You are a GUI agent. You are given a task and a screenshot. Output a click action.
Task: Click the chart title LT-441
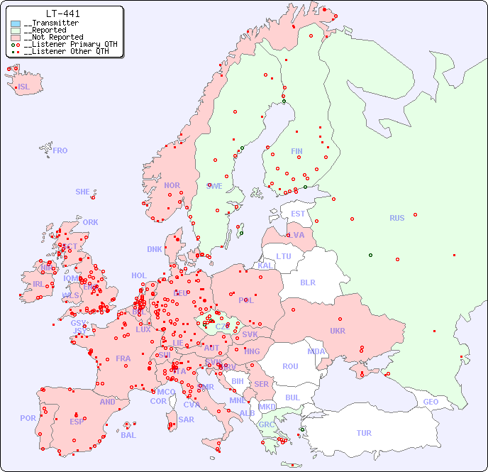62,13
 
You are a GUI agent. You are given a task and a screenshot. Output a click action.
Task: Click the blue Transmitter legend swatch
16,23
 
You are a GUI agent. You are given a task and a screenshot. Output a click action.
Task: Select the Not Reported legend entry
52,37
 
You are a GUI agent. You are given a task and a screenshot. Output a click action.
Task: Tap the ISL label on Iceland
24,87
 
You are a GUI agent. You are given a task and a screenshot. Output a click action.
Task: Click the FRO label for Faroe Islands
60,150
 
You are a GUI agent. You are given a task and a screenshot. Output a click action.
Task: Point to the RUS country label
396,218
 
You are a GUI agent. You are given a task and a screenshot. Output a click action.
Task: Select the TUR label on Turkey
364,433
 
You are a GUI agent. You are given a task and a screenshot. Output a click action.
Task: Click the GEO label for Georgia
431,402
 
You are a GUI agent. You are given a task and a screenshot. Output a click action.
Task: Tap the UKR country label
338,331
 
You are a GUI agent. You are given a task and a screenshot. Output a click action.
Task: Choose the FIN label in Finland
296,151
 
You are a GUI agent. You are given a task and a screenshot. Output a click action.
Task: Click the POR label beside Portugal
28,418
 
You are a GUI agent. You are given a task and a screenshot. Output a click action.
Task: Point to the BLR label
307,282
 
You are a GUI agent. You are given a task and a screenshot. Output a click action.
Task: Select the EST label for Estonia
298,214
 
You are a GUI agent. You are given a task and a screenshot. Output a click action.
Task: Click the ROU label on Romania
290,366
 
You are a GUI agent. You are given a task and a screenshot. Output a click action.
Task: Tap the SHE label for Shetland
83,192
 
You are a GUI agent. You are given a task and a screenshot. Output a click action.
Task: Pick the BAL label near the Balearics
128,435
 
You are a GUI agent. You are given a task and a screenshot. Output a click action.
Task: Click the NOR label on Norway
172,185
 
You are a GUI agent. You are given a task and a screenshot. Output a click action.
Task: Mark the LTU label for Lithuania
284,256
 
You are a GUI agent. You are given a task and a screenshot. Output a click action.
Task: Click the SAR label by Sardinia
186,419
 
